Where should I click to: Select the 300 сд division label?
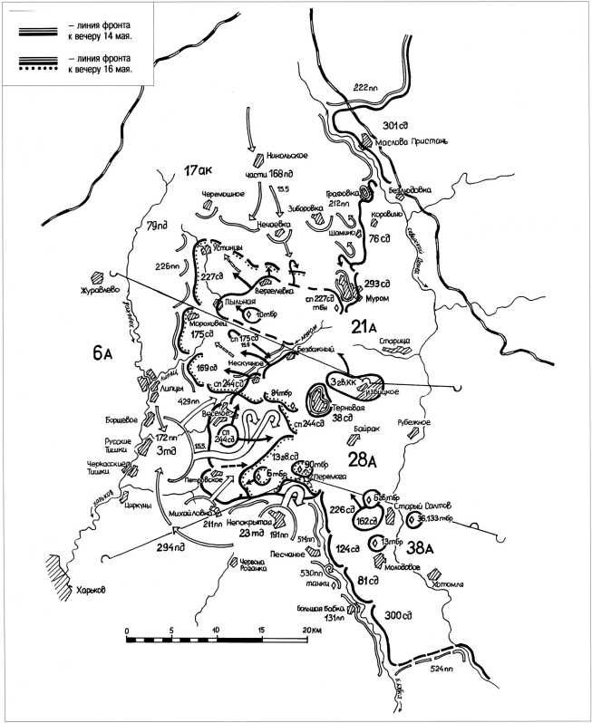(x=397, y=616)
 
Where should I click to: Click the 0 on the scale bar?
(x=127, y=629)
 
